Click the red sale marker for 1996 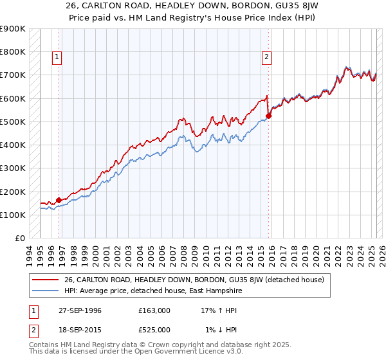[x=59, y=200]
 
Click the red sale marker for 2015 [x=268, y=116]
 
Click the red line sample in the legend [x=45, y=279]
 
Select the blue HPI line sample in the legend [x=45, y=291]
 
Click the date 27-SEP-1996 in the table [x=79, y=310]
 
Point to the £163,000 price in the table [x=154, y=310]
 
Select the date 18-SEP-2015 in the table [x=79, y=330]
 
